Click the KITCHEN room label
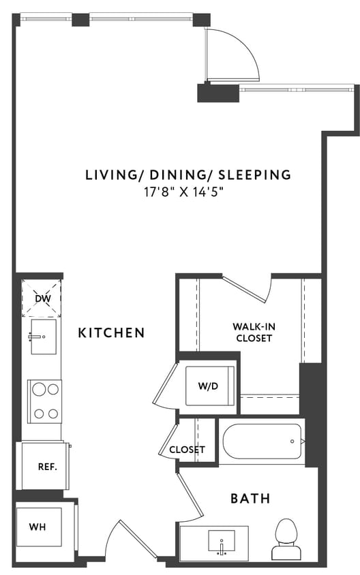[111, 332]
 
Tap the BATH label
[250, 499]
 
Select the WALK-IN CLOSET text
[254, 332]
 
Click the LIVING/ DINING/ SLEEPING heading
[187, 175]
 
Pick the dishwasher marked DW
[42, 298]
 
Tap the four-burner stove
[44, 401]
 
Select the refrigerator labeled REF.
[46, 467]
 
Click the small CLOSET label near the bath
[187, 450]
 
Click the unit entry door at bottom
[134, 542]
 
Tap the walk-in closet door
[245, 290]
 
